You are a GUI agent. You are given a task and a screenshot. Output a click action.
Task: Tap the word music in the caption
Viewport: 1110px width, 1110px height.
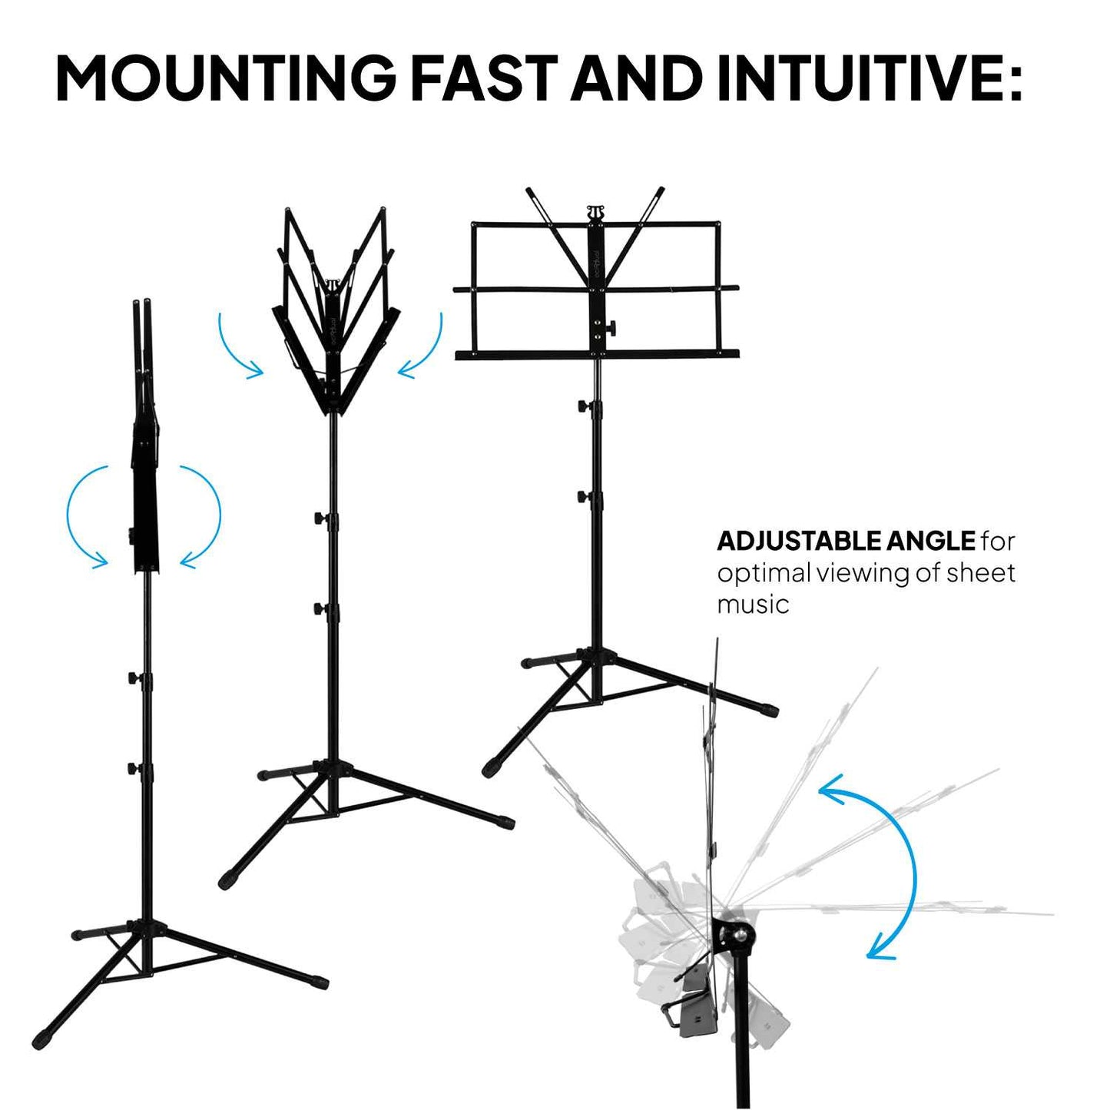(x=753, y=605)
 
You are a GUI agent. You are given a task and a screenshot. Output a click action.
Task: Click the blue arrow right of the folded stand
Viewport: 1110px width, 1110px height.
(x=200, y=515)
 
